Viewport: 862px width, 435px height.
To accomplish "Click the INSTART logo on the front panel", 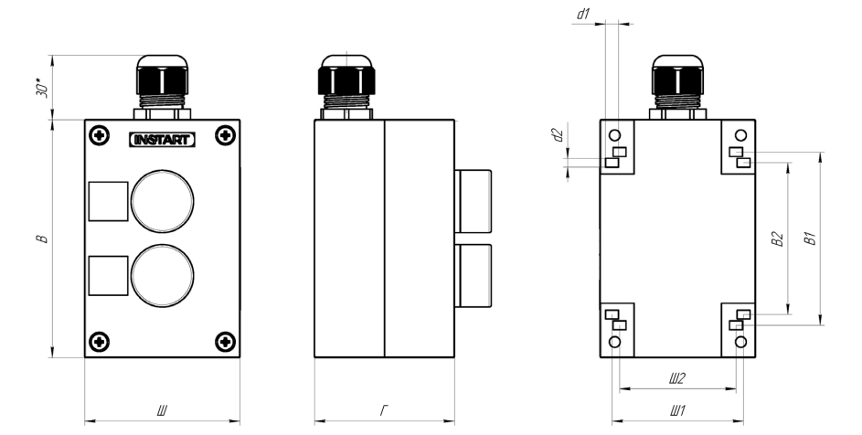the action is (x=162, y=140).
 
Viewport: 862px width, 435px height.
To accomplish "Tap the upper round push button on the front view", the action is (x=162, y=201).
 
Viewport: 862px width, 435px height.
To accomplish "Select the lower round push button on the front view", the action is (x=162, y=275).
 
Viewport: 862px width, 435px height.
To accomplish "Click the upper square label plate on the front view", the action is (x=108, y=201).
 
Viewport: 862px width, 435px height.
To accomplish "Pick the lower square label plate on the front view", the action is (x=108, y=275).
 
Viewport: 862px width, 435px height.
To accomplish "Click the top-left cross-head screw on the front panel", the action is (x=99, y=135).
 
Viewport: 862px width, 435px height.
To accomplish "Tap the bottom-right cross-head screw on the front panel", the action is (x=226, y=342).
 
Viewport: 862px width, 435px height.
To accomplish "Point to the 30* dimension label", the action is (x=43, y=88).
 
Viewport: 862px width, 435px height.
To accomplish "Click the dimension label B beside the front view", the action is (x=42, y=239).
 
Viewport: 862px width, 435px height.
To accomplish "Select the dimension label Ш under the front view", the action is (x=162, y=410).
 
